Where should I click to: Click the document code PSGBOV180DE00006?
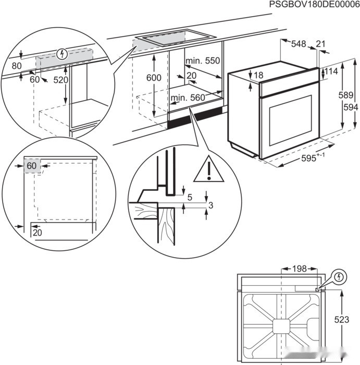point(314,5)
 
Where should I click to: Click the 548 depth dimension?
point(298,44)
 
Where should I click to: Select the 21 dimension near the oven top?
point(320,44)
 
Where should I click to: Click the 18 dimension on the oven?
point(258,76)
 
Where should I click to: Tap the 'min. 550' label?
point(203,61)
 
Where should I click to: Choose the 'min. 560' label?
point(188,97)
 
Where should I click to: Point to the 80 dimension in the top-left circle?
point(16,66)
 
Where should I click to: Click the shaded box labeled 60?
point(32,166)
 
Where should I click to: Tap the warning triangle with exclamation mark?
point(208,170)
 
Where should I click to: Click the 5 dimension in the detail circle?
point(190,197)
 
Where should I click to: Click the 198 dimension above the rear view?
point(299,269)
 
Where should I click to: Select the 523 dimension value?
point(342,320)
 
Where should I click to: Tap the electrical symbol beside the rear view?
point(338,276)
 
